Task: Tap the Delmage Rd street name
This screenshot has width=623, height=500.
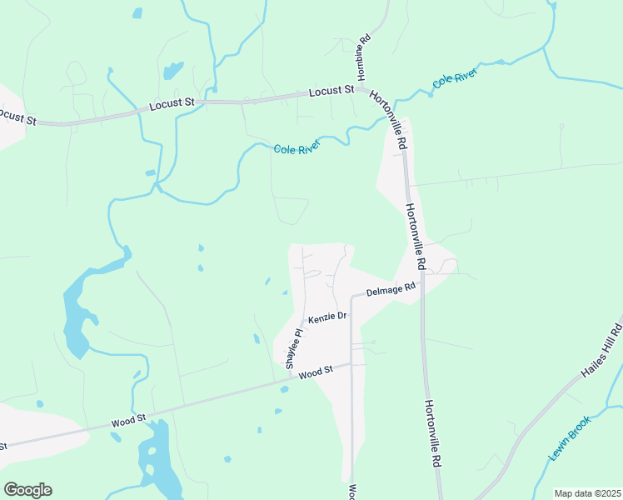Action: tap(391, 291)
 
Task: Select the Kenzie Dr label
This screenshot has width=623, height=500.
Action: tap(326, 318)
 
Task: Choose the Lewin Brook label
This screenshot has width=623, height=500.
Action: tap(570, 439)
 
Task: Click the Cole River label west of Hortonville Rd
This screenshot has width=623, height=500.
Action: tap(297, 148)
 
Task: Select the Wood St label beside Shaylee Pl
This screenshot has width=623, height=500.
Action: tap(316, 371)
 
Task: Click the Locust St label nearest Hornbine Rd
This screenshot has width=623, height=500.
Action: tap(332, 91)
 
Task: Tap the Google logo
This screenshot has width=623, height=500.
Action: tap(27, 489)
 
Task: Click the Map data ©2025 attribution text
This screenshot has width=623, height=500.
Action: tap(586, 493)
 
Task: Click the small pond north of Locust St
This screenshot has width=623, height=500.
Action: tap(173, 70)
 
